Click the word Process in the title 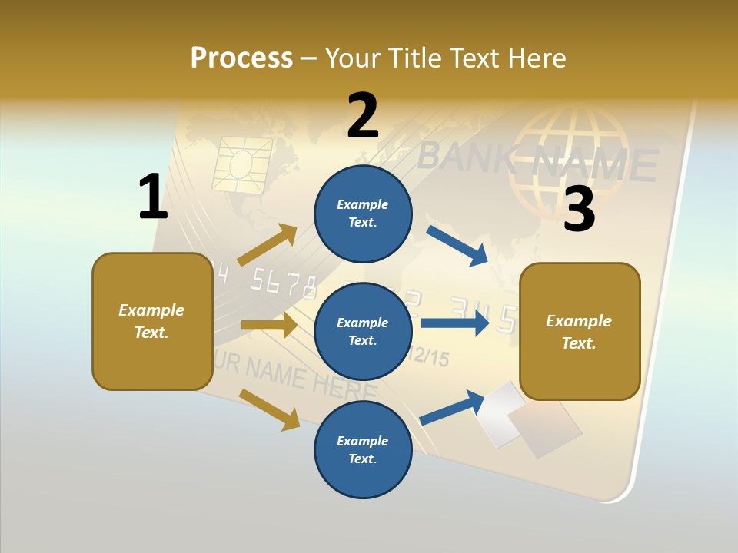coord(241,58)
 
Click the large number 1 coord(153,197)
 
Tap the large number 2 coord(363,116)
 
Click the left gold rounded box coord(152,321)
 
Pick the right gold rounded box coord(580,331)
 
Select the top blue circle coord(363,214)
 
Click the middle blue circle coord(363,331)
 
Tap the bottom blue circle coord(363,449)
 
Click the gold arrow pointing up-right coord(268,245)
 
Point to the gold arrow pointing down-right coord(269,409)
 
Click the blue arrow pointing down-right coord(457,245)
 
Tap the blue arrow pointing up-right coord(452,407)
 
